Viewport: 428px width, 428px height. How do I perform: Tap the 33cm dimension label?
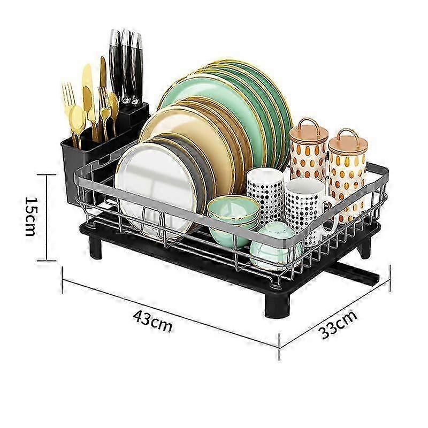tap(338, 324)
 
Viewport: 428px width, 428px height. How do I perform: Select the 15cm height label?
tap(30, 217)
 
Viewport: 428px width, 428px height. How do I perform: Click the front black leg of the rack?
tap(277, 305)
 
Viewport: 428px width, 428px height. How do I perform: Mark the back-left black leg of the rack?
tap(95, 247)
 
